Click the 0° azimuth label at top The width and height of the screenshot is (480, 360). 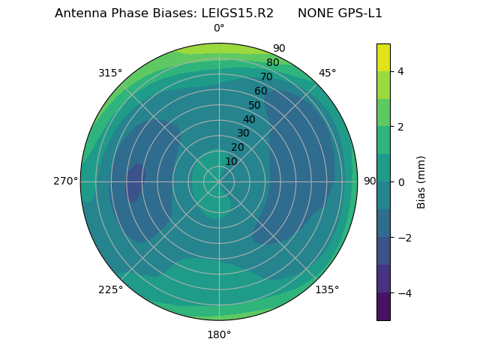219,28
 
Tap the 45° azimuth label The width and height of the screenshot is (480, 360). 327,73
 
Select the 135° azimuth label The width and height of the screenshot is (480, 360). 327,289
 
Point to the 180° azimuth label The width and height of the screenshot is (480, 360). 219,334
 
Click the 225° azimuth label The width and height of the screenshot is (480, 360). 110,289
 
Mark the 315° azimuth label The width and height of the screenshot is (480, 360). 110,73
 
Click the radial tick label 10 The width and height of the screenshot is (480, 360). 231,161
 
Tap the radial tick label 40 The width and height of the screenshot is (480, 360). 249,119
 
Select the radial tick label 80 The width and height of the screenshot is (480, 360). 272,63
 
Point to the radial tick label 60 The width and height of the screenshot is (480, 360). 261,91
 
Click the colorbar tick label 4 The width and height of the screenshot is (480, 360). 400,71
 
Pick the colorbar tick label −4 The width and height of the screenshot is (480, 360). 403,293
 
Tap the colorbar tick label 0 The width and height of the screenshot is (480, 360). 400,182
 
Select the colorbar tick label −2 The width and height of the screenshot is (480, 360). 403,238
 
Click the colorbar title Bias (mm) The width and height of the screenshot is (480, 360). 421,181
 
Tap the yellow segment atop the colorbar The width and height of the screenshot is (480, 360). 383,57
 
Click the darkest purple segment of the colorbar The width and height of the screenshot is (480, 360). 383,307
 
